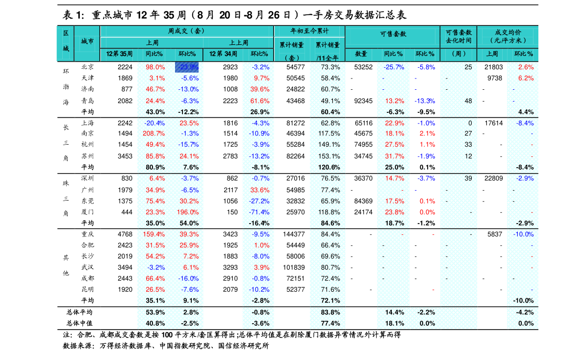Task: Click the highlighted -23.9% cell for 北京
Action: tap(187, 67)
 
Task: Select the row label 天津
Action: tap(87, 78)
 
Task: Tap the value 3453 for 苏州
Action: tap(125, 156)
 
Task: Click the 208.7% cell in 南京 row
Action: tap(153, 133)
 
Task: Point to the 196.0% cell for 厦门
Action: tap(188, 212)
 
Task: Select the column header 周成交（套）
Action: tap(186, 31)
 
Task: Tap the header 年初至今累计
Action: tap(309, 31)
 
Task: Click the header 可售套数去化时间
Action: tap(459, 36)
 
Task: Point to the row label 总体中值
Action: tap(79, 323)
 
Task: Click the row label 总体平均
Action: tap(79, 312)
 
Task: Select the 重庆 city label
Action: tap(87, 234)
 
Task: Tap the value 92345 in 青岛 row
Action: tap(363, 101)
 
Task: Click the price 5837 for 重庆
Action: tap(495, 234)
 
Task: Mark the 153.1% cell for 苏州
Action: tap(329, 156)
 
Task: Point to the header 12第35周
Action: tap(119, 54)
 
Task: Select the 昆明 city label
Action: tap(87, 289)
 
